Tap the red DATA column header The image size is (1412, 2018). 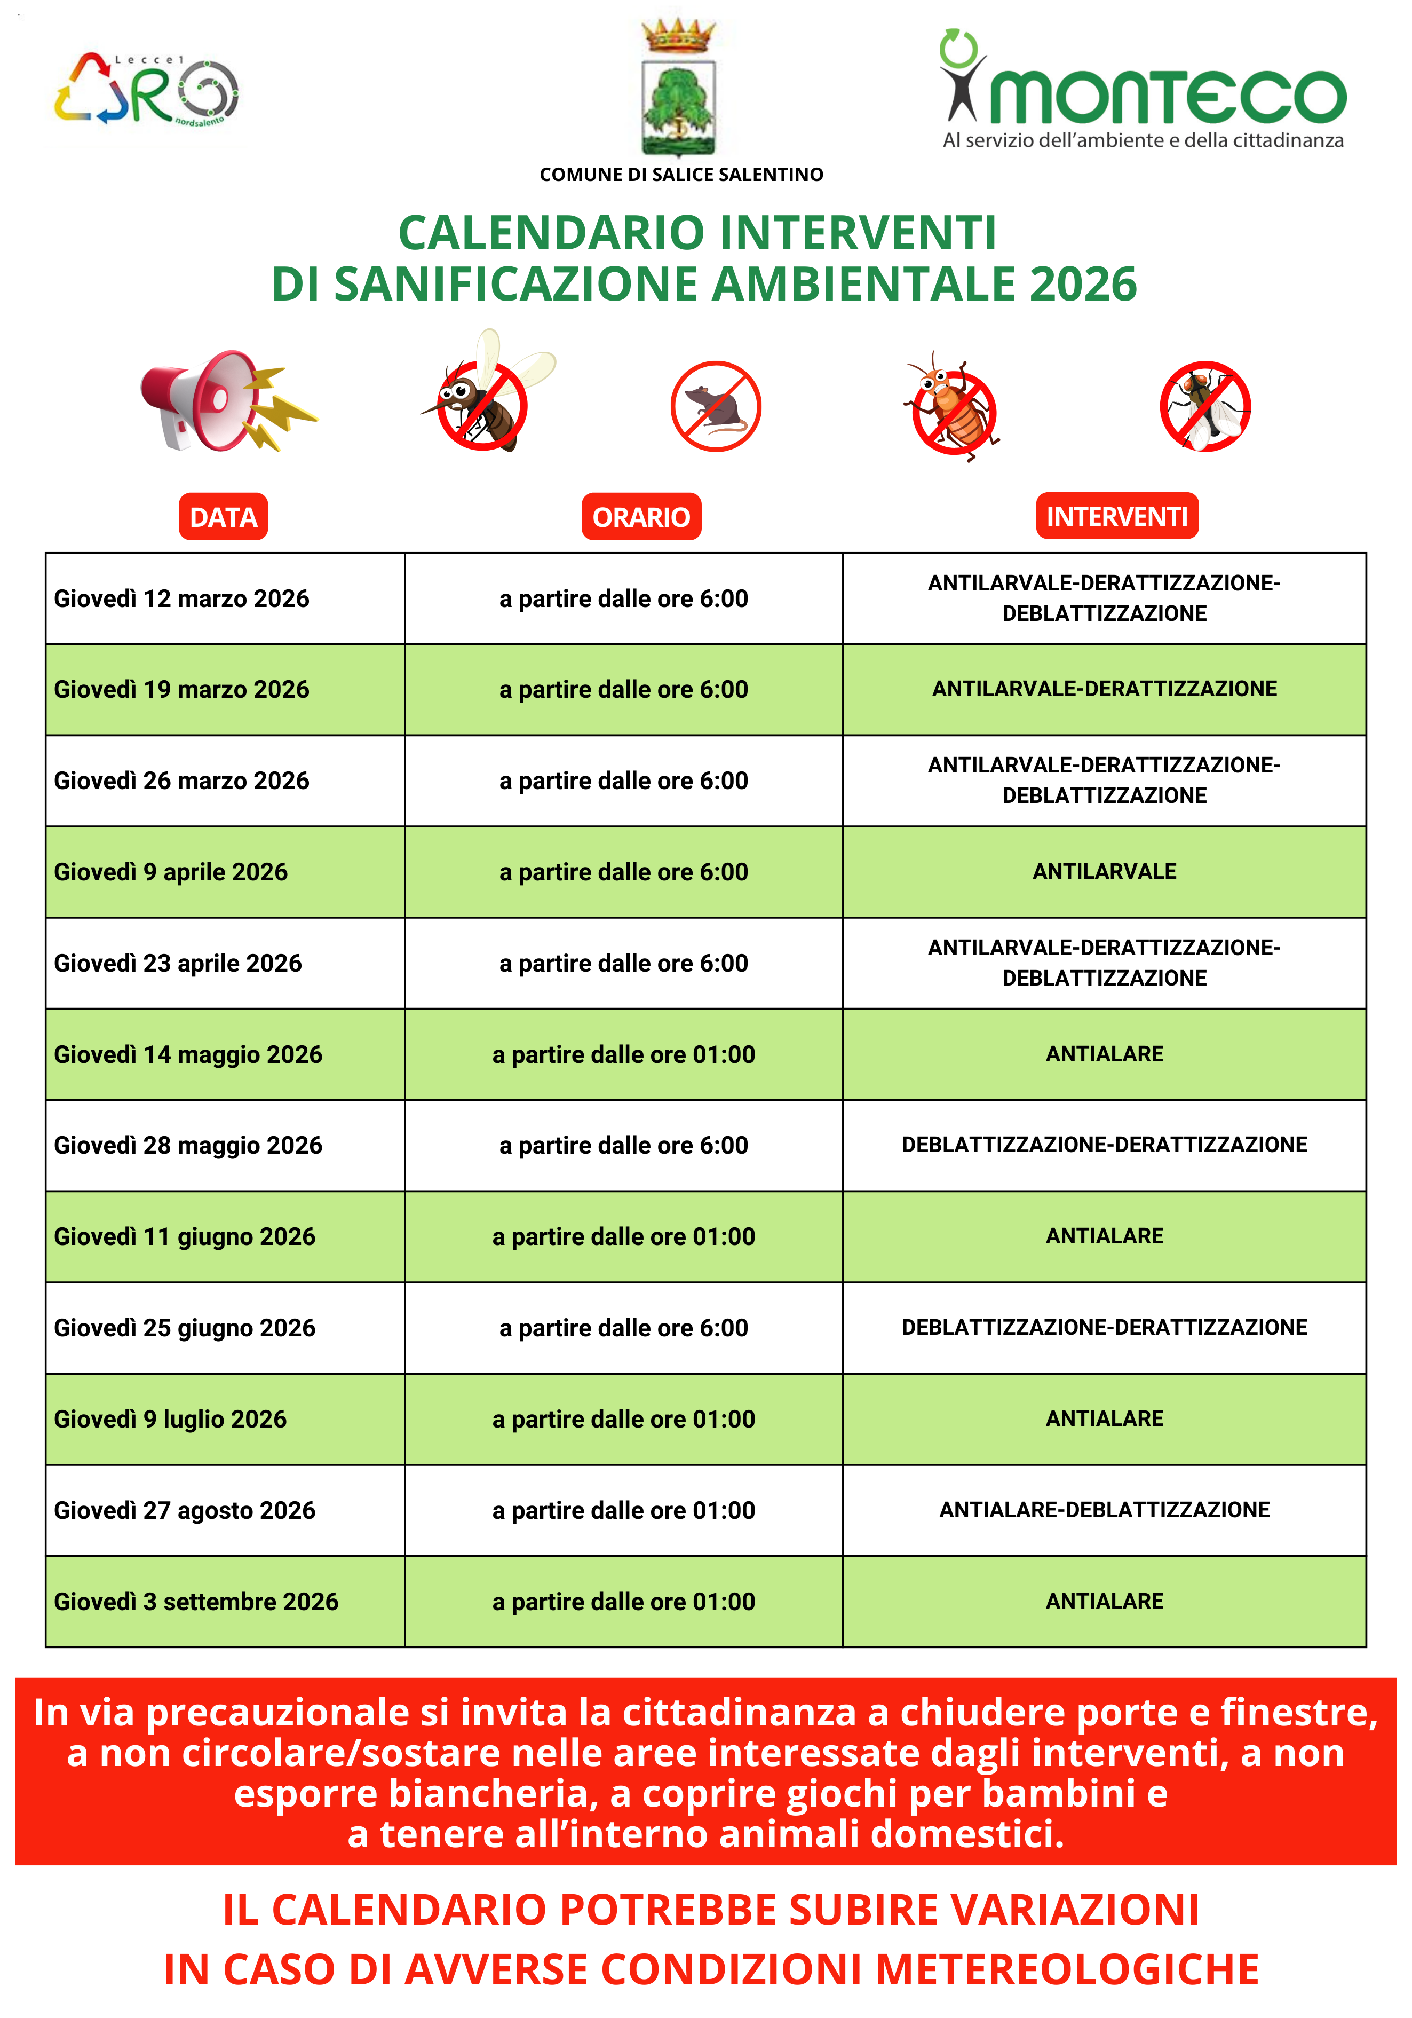coord(223,517)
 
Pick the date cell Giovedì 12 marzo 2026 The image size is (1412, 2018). coord(182,598)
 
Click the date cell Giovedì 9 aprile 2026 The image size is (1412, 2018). coord(171,872)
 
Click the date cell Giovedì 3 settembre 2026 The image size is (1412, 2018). coord(196,1602)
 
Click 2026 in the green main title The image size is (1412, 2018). coord(1083,285)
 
